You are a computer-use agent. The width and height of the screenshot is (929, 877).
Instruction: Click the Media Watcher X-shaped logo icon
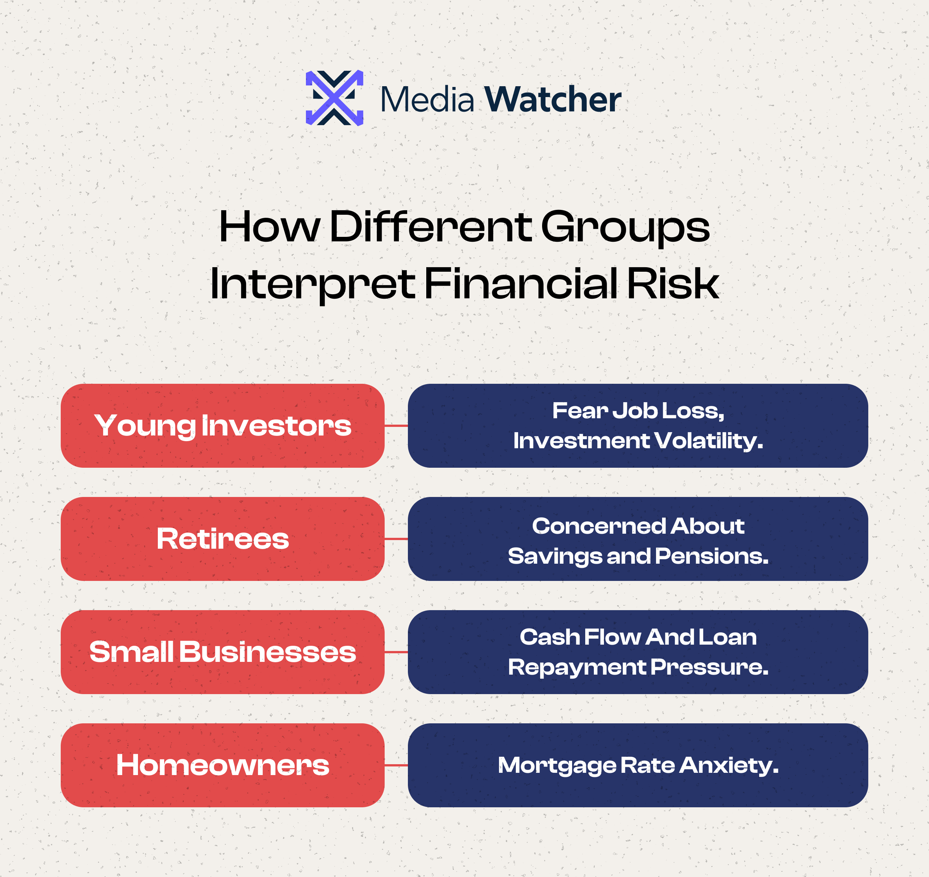(334, 98)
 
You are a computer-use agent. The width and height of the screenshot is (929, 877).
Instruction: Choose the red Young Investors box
(223, 426)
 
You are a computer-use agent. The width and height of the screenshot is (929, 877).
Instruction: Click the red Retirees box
(223, 539)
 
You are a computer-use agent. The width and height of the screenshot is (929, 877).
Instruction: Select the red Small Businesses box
(223, 652)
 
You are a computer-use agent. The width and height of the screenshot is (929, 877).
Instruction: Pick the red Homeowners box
(223, 765)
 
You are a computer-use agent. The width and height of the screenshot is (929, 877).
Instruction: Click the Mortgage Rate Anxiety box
(638, 765)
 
